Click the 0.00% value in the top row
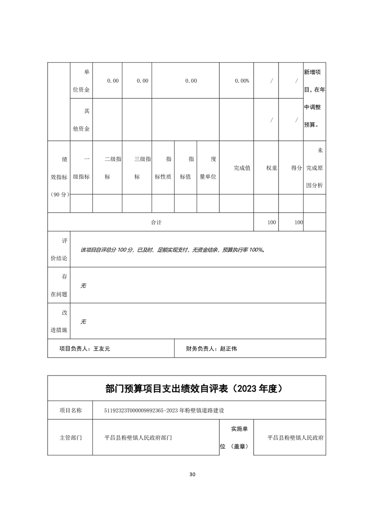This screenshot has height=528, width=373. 242,80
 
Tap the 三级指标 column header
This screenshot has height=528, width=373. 137,168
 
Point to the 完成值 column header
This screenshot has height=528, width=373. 242,168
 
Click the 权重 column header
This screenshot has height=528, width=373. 271,168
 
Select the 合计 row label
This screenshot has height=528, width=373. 156,222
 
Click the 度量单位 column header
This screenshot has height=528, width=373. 208,168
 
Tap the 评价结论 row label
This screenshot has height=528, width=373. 59,249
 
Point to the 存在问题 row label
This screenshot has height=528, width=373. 59,285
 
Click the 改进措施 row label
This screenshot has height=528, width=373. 59,321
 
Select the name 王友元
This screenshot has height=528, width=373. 102,349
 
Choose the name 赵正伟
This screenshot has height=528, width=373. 228,349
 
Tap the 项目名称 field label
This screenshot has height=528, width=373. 70,410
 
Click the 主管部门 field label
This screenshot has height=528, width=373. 70,437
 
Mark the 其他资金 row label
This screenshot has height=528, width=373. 80,120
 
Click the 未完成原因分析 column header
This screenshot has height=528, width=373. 314,168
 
